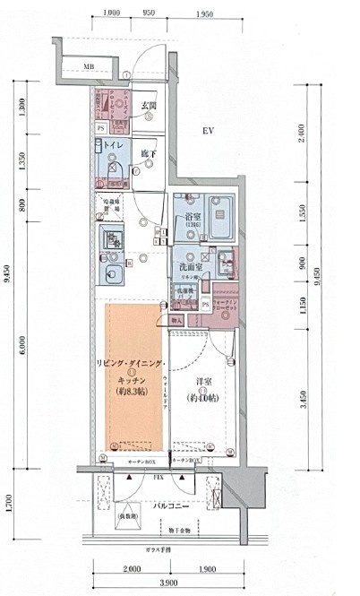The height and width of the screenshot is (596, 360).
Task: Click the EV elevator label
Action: tap(207, 131)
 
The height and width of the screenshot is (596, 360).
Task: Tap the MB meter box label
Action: tap(90, 66)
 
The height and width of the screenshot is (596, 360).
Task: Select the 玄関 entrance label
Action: tap(150, 108)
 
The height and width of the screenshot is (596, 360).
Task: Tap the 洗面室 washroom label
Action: tap(190, 266)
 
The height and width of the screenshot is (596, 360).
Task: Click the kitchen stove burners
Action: tap(112, 239)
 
